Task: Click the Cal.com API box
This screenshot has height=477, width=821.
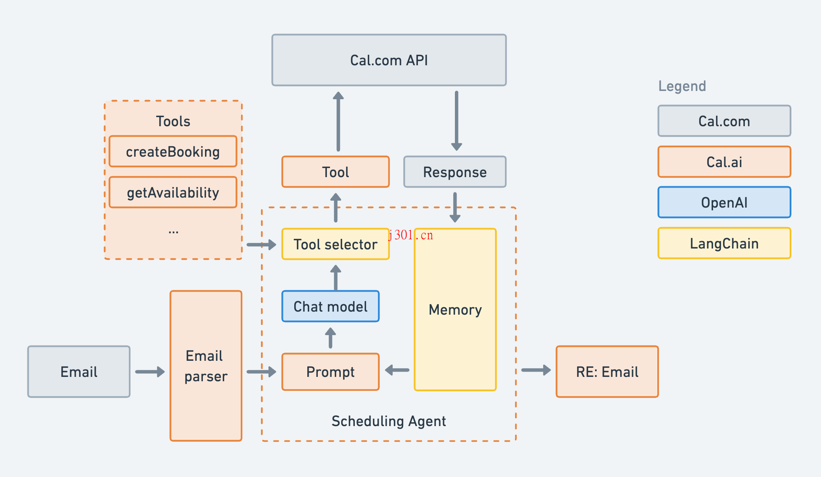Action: click(389, 60)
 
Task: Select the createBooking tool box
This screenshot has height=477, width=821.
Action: click(173, 151)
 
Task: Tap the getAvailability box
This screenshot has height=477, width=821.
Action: click(173, 192)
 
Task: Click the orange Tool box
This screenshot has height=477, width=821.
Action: click(335, 172)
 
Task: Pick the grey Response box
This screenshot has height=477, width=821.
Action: click(454, 172)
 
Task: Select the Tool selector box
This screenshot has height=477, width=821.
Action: click(335, 244)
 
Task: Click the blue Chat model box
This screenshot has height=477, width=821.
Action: click(330, 306)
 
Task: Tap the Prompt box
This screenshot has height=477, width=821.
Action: click(330, 372)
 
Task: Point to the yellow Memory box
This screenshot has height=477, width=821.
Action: click(455, 309)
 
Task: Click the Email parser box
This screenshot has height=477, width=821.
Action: click(206, 366)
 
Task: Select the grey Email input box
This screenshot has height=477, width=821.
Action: click(79, 372)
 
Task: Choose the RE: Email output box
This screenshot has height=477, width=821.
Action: click(607, 372)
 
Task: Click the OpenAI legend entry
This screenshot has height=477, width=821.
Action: click(724, 202)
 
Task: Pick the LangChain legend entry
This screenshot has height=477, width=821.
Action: click(724, 243)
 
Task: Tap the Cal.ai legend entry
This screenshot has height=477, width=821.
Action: click(724, 162)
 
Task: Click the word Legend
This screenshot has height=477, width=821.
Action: click(682, 86)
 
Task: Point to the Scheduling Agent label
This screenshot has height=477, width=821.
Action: click(388, 421)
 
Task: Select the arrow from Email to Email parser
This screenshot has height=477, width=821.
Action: click(150, 372)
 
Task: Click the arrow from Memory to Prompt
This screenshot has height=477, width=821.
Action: click(397, 370)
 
